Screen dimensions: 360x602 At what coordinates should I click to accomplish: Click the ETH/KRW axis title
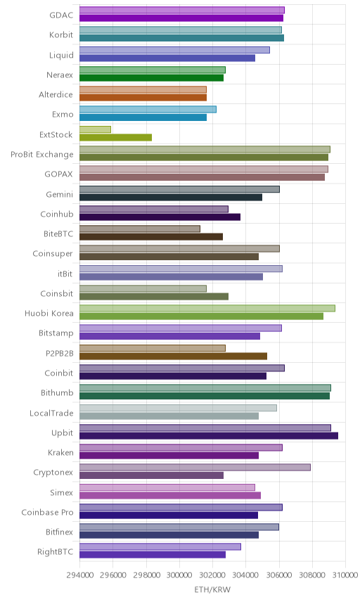[212, 590]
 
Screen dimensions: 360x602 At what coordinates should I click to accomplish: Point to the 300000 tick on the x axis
[179, 575]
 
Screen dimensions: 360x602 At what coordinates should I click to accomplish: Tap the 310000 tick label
[345, 575]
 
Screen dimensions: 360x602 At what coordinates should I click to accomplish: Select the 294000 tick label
[80, 575]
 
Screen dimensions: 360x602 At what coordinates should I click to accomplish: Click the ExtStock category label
[56, 135]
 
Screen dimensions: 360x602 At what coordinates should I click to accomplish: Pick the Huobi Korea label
[49, 313]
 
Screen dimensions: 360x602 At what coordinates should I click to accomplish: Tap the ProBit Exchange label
[41, 154]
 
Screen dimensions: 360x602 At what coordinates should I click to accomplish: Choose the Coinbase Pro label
[47, 512]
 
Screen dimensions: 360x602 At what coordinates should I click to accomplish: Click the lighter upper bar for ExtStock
[95, 129]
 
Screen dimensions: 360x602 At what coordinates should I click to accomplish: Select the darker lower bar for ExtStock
[115, 137]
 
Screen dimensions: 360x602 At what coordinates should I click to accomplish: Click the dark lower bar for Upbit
[209, 436]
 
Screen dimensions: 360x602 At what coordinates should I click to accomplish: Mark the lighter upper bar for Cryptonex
[195, 467]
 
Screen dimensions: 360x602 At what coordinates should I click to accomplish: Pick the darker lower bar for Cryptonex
[152, 475]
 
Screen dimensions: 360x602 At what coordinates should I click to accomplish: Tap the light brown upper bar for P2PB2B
[153, 348]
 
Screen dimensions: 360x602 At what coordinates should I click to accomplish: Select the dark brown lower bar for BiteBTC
[151, 237]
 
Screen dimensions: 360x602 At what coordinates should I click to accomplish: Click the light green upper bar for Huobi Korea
[207, 308]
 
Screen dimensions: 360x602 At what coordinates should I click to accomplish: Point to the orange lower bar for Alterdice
[143, 98]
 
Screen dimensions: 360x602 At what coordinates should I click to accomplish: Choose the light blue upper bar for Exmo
[148, 110]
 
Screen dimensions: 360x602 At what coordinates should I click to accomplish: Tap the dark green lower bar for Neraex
[152, 78]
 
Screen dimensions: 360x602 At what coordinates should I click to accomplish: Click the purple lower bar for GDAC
[181, 18]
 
